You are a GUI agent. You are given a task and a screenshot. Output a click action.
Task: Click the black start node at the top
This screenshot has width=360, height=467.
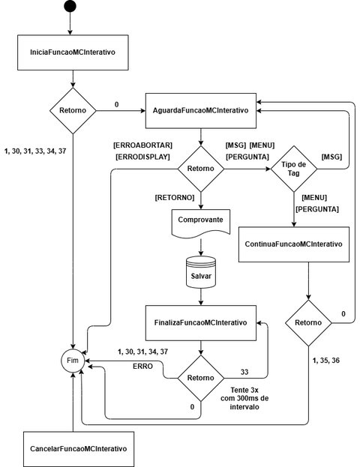(70, 7)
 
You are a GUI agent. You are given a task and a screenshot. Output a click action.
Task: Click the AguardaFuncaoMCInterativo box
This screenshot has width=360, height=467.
(200, 110)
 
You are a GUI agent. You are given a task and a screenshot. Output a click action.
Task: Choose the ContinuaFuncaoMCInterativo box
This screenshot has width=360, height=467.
(293, 244)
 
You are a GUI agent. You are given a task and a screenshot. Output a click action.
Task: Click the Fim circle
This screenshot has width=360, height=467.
(73, 361)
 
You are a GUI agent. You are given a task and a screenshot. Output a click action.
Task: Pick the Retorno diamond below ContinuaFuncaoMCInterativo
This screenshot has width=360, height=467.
(307, 323)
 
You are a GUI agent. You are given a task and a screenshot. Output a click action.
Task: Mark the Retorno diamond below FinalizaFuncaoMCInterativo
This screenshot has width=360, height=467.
(200, 379)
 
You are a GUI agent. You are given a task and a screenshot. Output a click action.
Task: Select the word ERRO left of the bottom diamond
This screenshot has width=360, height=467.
(143, 365)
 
